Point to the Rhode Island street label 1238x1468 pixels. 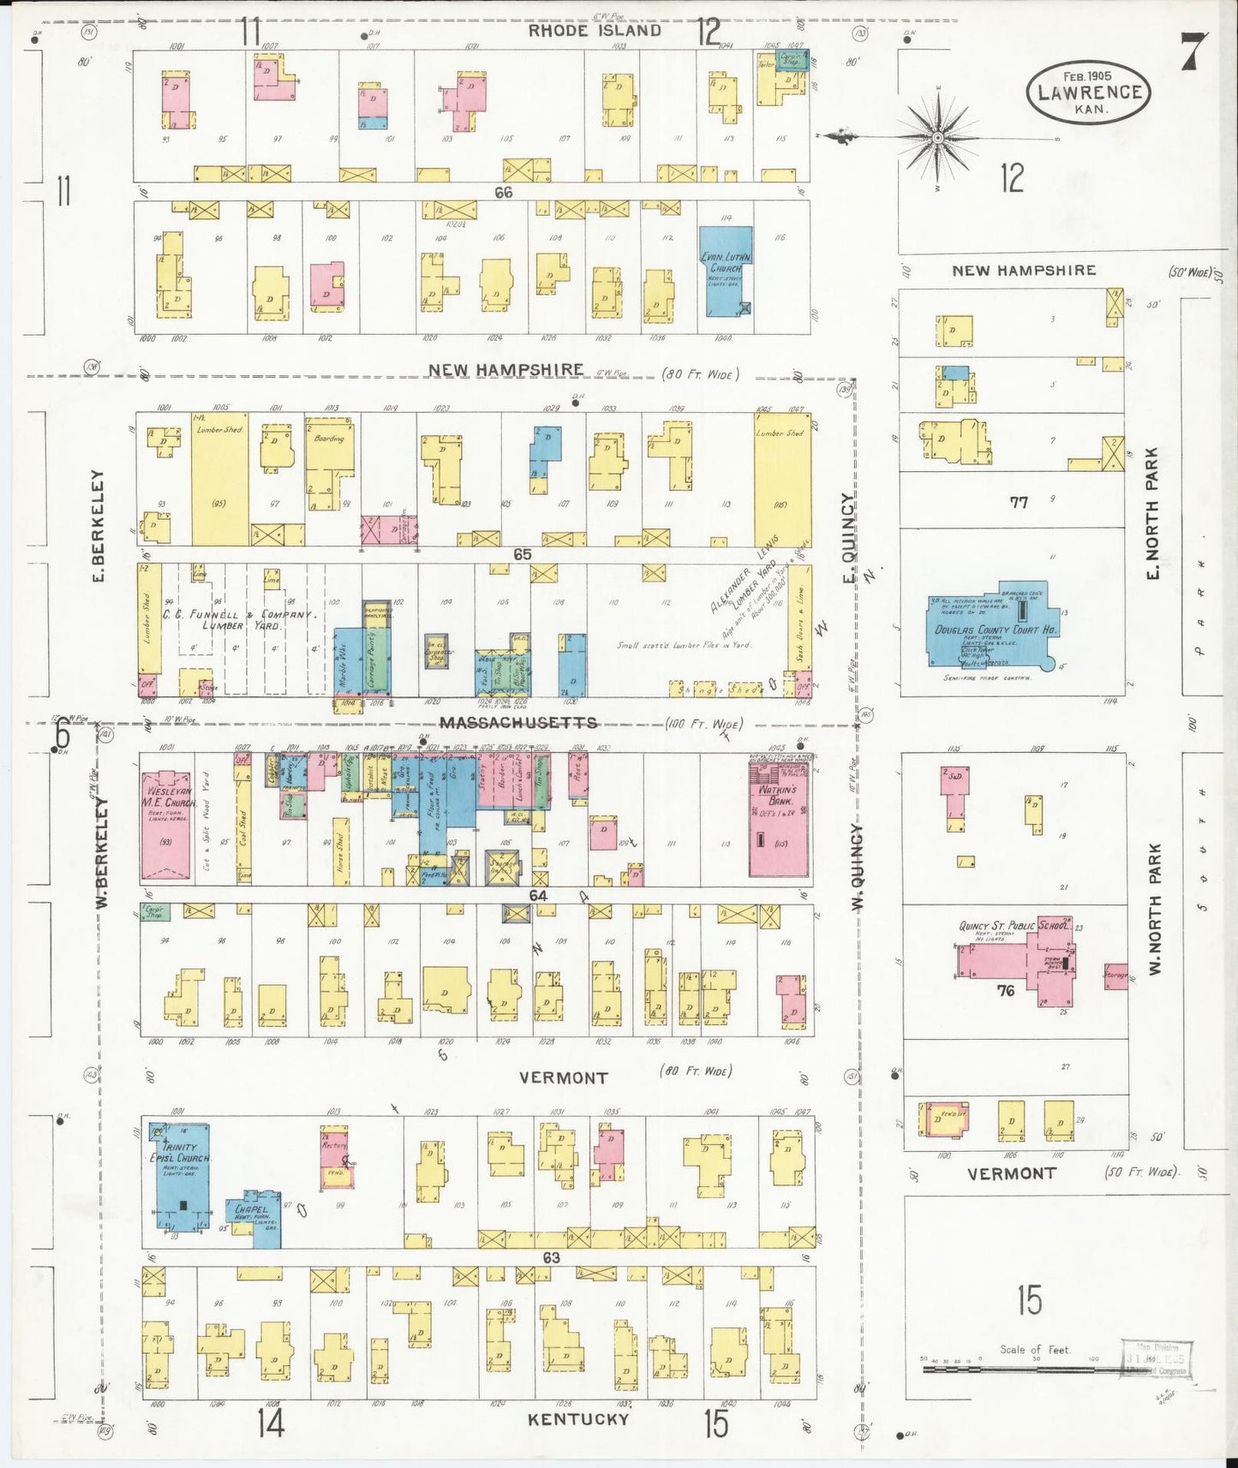tap(594, 31)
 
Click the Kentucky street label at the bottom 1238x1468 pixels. tap(577, 1419)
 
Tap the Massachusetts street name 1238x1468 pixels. tap(518, 724)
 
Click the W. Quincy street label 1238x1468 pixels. tap(857, 866)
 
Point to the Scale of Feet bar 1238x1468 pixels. tap(1020, 1370)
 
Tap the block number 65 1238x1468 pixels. tap(522, 554)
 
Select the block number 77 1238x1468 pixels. tap(1018, 503)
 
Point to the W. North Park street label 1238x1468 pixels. tap(1154, 910)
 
